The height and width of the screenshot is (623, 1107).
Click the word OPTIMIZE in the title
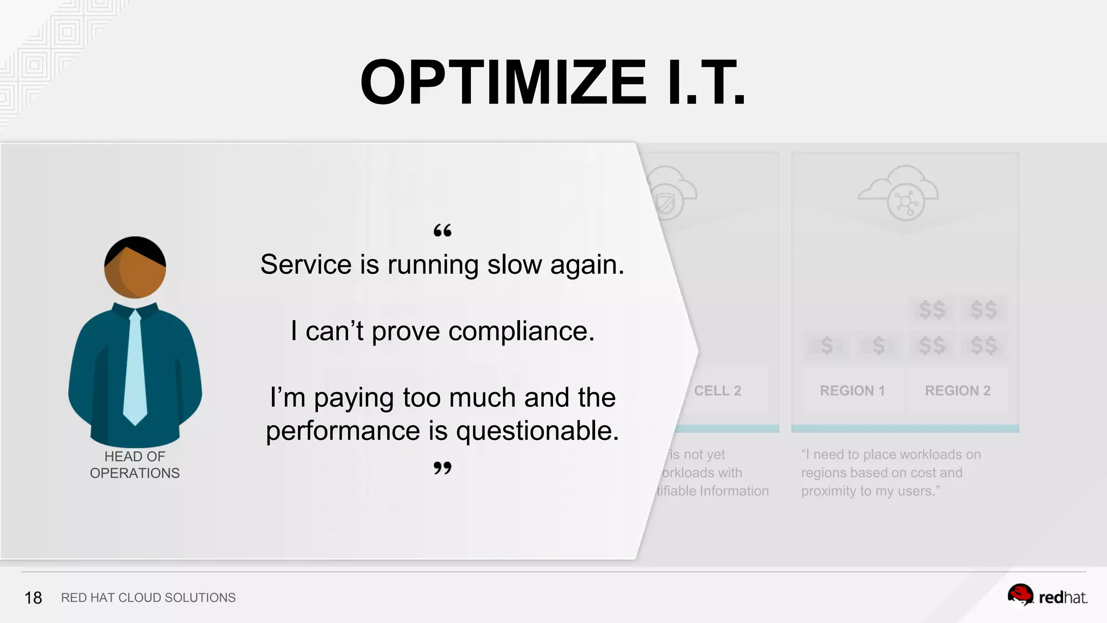pos(503,83)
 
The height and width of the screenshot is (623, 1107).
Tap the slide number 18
pos(33,598)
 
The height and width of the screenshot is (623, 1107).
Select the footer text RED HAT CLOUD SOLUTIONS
pos(148,598)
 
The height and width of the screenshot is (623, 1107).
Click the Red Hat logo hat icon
pos(1020,595)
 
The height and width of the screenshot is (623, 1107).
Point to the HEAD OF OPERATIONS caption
pos(135,465)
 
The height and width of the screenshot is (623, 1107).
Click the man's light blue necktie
pos(135,368)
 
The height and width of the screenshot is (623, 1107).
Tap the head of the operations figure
pos(135,267)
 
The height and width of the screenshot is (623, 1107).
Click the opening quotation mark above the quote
pos(442,231)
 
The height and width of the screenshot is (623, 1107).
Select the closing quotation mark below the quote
pos(442,468)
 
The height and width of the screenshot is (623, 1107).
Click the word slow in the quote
pos(514,265)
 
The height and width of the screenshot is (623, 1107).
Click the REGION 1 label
pos(852,390)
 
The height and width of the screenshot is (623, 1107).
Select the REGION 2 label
pos(957,390)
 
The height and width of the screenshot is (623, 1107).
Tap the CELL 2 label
pos(717,390)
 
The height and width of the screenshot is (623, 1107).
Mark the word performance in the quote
pos(343,431)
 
